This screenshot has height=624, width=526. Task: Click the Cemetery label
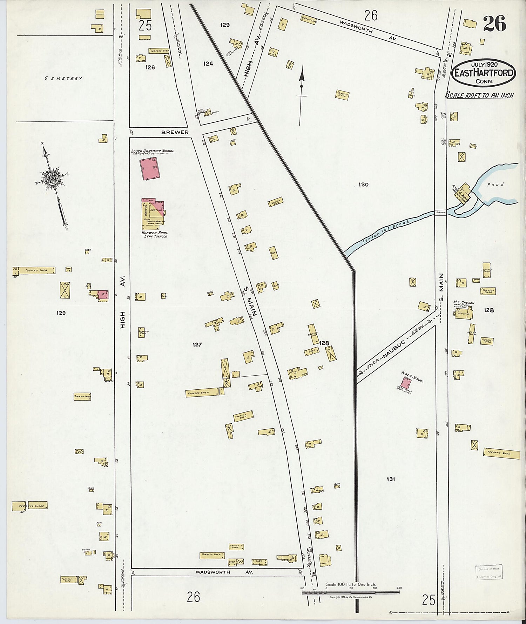point(63,79)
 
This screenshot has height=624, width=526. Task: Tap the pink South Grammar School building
point(149,169)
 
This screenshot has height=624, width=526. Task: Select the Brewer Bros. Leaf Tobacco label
point(154,234)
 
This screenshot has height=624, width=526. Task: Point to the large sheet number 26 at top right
point(494,24)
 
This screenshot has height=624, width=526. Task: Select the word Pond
point(497,184)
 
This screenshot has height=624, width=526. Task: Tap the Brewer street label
point(175,132)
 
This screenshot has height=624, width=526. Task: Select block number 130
point(364,184)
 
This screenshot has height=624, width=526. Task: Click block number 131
point(391,479)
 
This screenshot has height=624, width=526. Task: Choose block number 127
point(197,344)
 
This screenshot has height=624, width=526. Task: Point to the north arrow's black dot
point(301,86)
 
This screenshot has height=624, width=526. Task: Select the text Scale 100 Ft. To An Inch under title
point(479,95)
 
